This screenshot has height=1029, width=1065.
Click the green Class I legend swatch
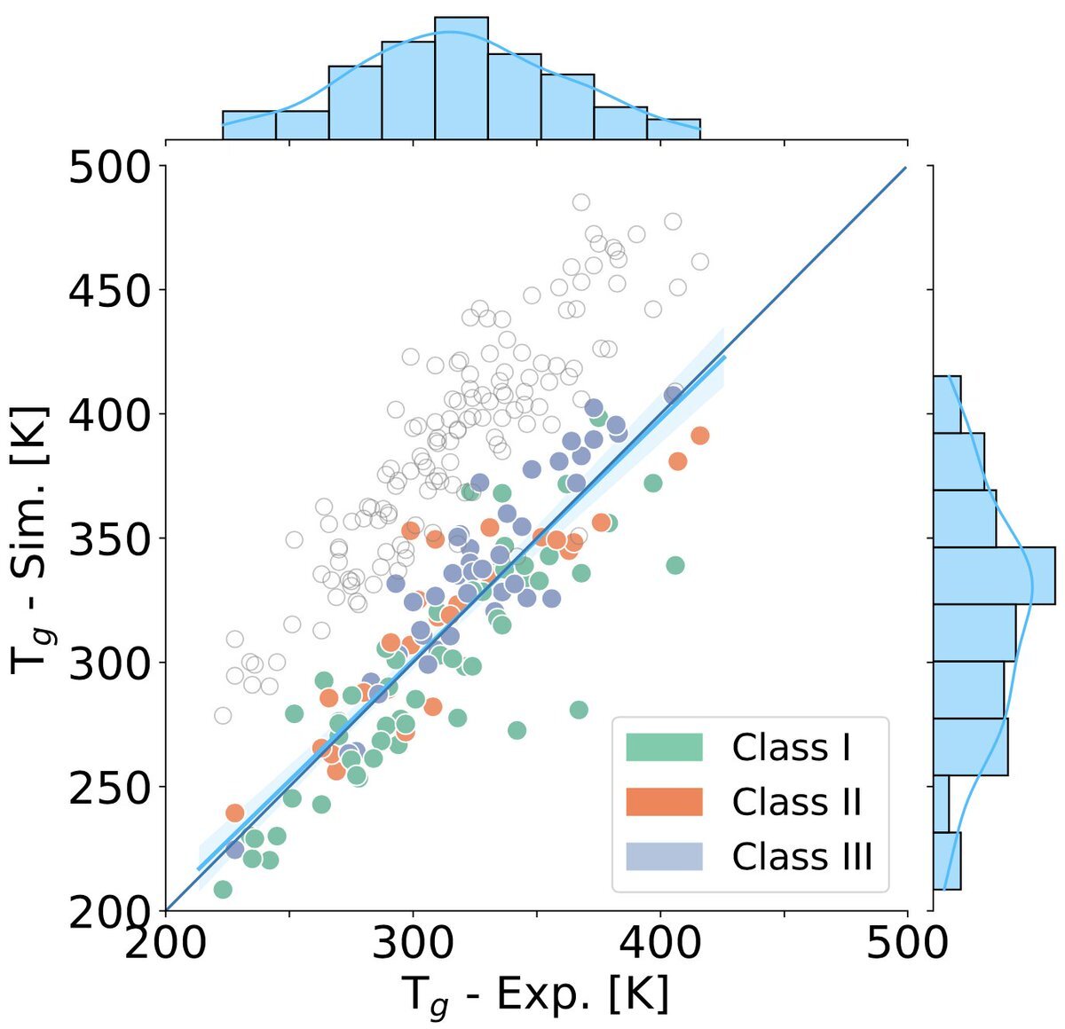664,747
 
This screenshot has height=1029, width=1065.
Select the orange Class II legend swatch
664,802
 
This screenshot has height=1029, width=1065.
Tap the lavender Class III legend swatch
664,856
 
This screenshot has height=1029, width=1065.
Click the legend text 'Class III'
801,856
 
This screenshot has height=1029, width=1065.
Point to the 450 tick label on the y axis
109,291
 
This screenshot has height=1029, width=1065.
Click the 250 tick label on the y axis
109,788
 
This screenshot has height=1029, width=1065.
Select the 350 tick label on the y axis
109,539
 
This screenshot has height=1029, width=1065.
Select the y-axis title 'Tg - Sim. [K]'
30,539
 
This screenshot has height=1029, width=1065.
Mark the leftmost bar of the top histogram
248,125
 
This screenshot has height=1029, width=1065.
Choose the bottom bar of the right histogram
947,860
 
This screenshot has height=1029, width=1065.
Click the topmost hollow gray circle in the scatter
580,202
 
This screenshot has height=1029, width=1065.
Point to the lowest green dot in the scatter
223,889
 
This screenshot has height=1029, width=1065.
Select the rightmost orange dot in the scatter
700,436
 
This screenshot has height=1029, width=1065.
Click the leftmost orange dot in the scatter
234,813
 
